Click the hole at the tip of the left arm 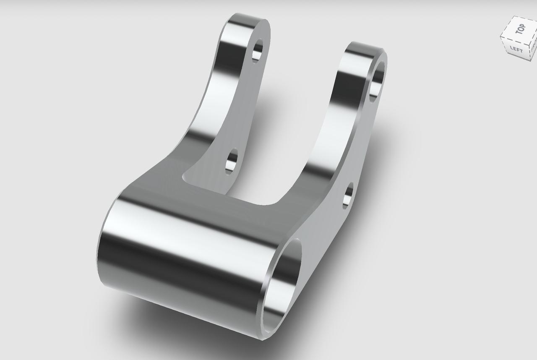[x=257, y=51]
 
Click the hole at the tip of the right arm [x=376, y=81]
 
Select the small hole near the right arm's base [x=348, y=196]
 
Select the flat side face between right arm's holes [x=361, y=143]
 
